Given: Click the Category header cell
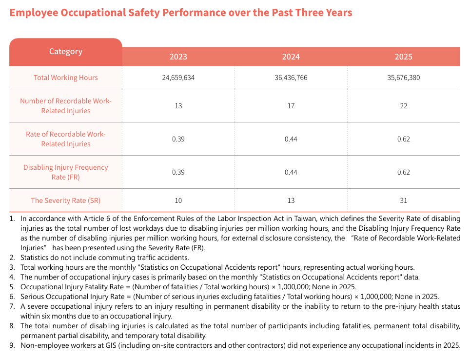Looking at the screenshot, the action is click(66, 52).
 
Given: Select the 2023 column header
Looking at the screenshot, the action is click(178, 57).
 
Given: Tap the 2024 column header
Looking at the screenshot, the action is click(291, 57).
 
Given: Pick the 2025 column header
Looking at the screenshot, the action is click(404, 57).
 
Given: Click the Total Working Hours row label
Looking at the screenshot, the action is click(66, 78).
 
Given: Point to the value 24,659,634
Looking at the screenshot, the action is click(178, 78).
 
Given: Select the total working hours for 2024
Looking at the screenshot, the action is click(291, 78).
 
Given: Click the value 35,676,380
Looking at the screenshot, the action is click(404, 78).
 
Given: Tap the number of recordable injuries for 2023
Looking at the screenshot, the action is click(178, 106).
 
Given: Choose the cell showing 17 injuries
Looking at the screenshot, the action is click(291, 106).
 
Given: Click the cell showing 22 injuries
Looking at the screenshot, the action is click(404, 106).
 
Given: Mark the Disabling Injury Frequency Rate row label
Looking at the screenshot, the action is click(66, 172).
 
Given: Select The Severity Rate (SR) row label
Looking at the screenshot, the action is click(66, 200).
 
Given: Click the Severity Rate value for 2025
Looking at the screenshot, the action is click(404, 200).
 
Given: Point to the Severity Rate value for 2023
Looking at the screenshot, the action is click(178, 200).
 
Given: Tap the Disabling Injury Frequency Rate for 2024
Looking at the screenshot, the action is click(291, 172).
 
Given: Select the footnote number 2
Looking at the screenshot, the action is click(12, 258).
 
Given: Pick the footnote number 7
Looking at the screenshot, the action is click(12, 306).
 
